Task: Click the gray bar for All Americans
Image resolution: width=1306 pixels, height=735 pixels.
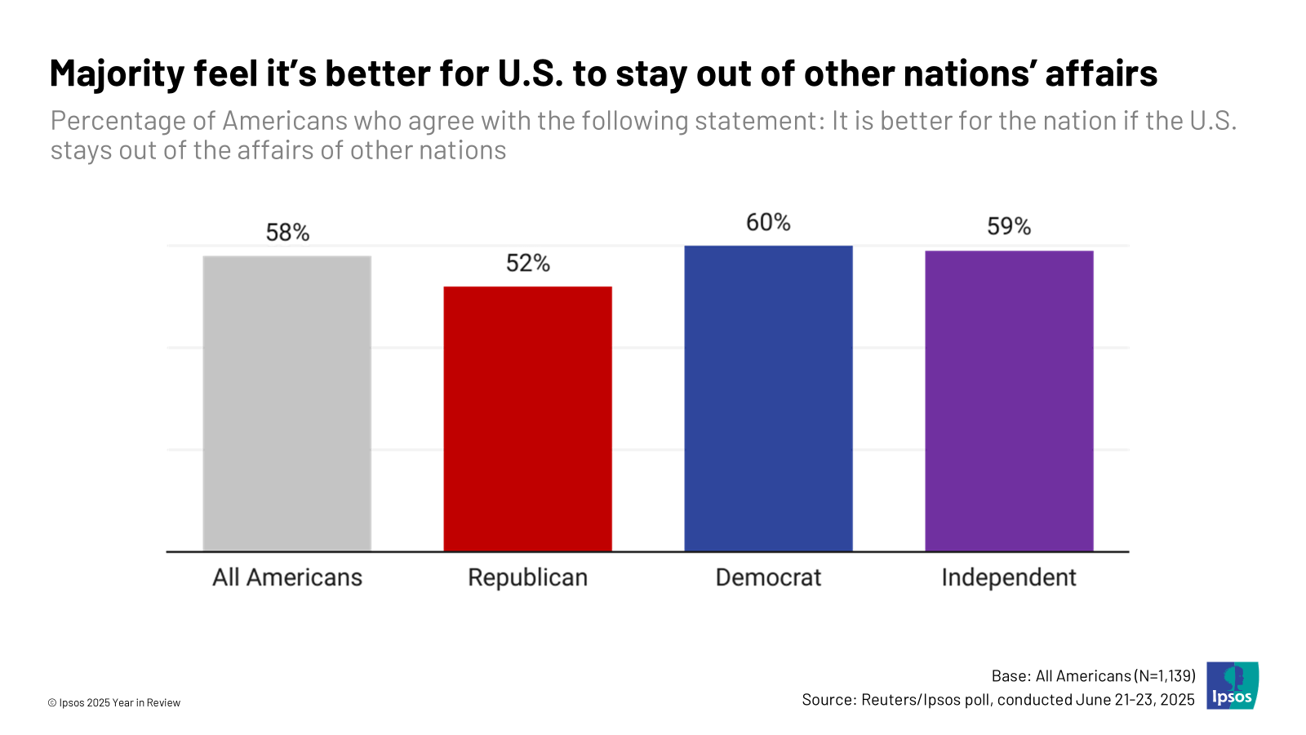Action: (x=287, y=403)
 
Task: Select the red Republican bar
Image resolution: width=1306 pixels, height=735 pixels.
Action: (x=527, y=418)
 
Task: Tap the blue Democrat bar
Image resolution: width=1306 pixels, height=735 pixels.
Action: (x=768, y=399)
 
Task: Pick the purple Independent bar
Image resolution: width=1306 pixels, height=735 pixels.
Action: (x=1009, y=401)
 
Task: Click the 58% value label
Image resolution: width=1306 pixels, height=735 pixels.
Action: (x=287, y=233)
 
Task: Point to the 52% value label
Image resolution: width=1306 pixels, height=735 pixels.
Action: (x=527, y=263)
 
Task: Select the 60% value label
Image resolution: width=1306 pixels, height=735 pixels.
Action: (x=768, y=222)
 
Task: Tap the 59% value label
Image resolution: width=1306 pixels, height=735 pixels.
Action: (x=1009, y=226)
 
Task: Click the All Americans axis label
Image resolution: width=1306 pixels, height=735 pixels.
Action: (x=287, y=577)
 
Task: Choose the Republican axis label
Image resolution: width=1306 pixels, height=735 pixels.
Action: (x=527, y=577)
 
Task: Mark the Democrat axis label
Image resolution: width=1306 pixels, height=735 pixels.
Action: (x=768, y=577)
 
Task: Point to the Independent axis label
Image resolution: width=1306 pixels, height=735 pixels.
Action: (x=1009, y=577)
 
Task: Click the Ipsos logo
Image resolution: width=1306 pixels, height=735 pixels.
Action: (x=1233, y=685)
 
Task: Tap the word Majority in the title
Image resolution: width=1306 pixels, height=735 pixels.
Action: (x=118, y=73)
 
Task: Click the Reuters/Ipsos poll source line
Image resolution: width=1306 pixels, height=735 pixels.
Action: (x=997, y=700)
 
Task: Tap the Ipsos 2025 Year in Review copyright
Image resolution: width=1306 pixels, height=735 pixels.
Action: (x=114, y=702)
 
